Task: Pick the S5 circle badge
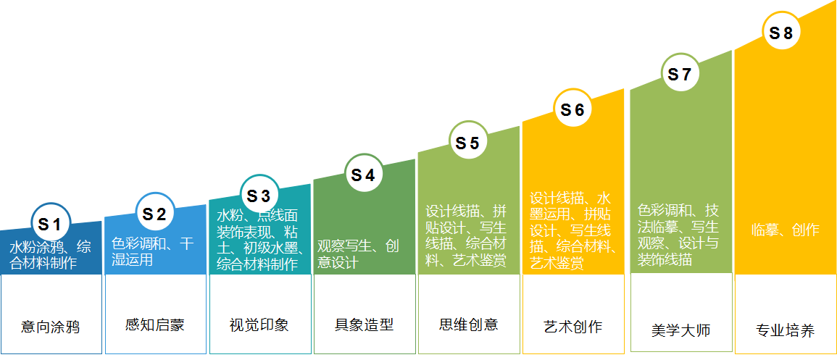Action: coord(467,143)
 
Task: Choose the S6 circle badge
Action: coord(572,109)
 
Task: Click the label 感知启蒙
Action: coord(154,325)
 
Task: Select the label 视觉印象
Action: coord(259,325)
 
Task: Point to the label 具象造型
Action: coord(364,325)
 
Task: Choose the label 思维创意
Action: coord(469,324)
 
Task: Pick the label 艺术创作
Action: coord(572,326)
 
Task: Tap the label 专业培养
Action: coord(785,331)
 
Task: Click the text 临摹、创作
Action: coord(785,230)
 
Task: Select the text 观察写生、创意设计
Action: coord(358,254)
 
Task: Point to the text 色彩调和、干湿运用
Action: coord(153,251)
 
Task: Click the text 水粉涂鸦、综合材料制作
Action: coord(50,254)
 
